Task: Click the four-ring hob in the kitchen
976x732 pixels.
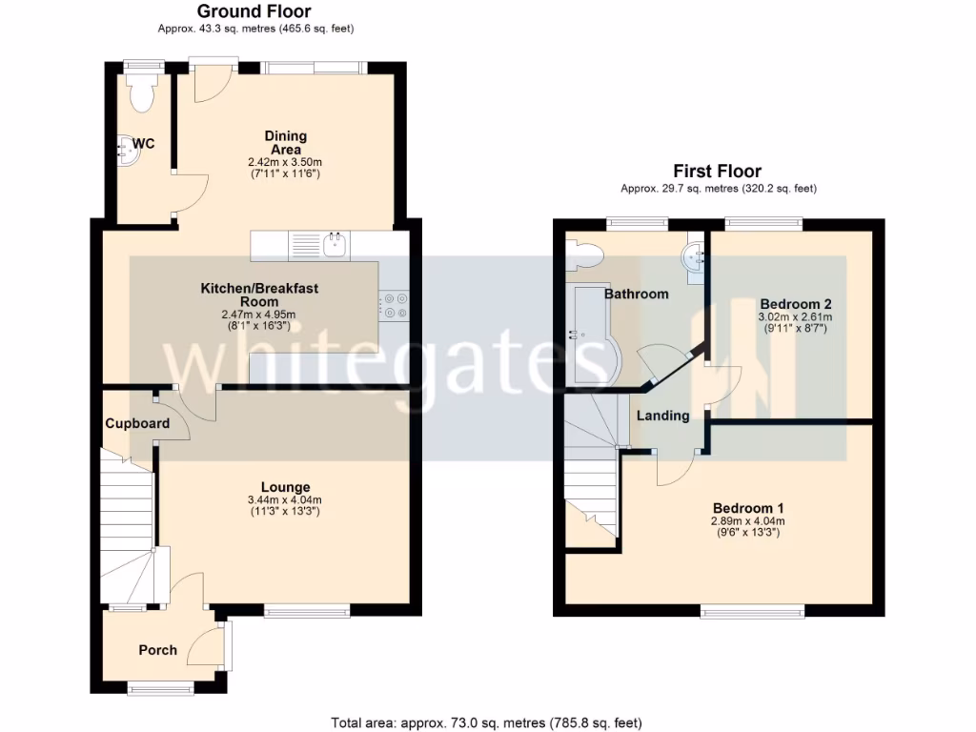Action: (392, 305)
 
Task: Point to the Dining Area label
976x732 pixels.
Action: (285, 143)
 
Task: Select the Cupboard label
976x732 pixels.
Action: (137, 423)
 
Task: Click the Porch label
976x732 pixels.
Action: (158, 650)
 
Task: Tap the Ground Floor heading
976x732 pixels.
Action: (254, 11)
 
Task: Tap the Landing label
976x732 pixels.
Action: (662, 416)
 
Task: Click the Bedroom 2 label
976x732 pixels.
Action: (795, 303)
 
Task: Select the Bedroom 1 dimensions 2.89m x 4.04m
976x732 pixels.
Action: (747, 521)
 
